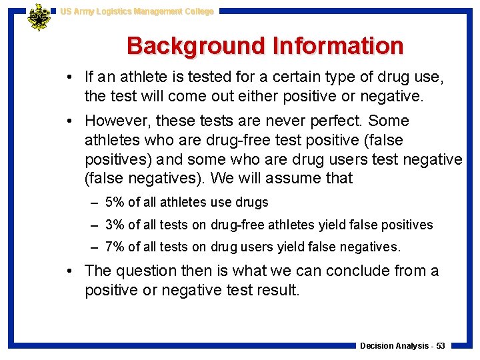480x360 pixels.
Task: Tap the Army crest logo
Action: [x=39, y=18]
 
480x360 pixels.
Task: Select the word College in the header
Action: [x=197, y=11]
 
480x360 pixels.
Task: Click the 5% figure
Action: [x=115, y=202]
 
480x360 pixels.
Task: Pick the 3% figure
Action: [x=115, y=225]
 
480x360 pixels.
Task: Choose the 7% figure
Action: [x=115, y=247]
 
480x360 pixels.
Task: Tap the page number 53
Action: [x=441, y=345]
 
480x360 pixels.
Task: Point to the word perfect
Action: [x=337, y=121]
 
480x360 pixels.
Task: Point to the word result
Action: [x=273, y=289]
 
